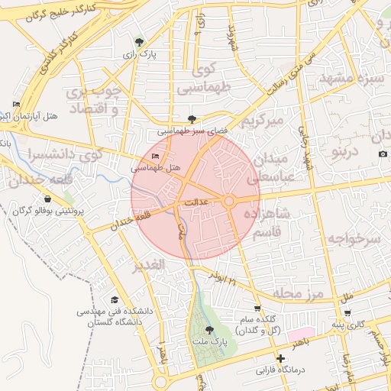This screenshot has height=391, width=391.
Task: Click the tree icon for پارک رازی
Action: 138,43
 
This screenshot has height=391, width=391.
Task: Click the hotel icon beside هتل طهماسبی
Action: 157,157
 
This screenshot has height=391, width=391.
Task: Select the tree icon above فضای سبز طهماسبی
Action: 191,119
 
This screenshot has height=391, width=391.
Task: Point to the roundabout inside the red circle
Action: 228,201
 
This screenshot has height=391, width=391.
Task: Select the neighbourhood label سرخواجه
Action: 354,238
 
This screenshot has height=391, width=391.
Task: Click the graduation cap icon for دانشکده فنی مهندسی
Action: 115,300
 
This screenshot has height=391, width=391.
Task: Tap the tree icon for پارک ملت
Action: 210,331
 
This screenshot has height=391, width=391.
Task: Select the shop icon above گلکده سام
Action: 257,309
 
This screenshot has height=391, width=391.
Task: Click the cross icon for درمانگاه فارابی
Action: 282,358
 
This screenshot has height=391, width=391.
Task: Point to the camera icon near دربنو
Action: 382,154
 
